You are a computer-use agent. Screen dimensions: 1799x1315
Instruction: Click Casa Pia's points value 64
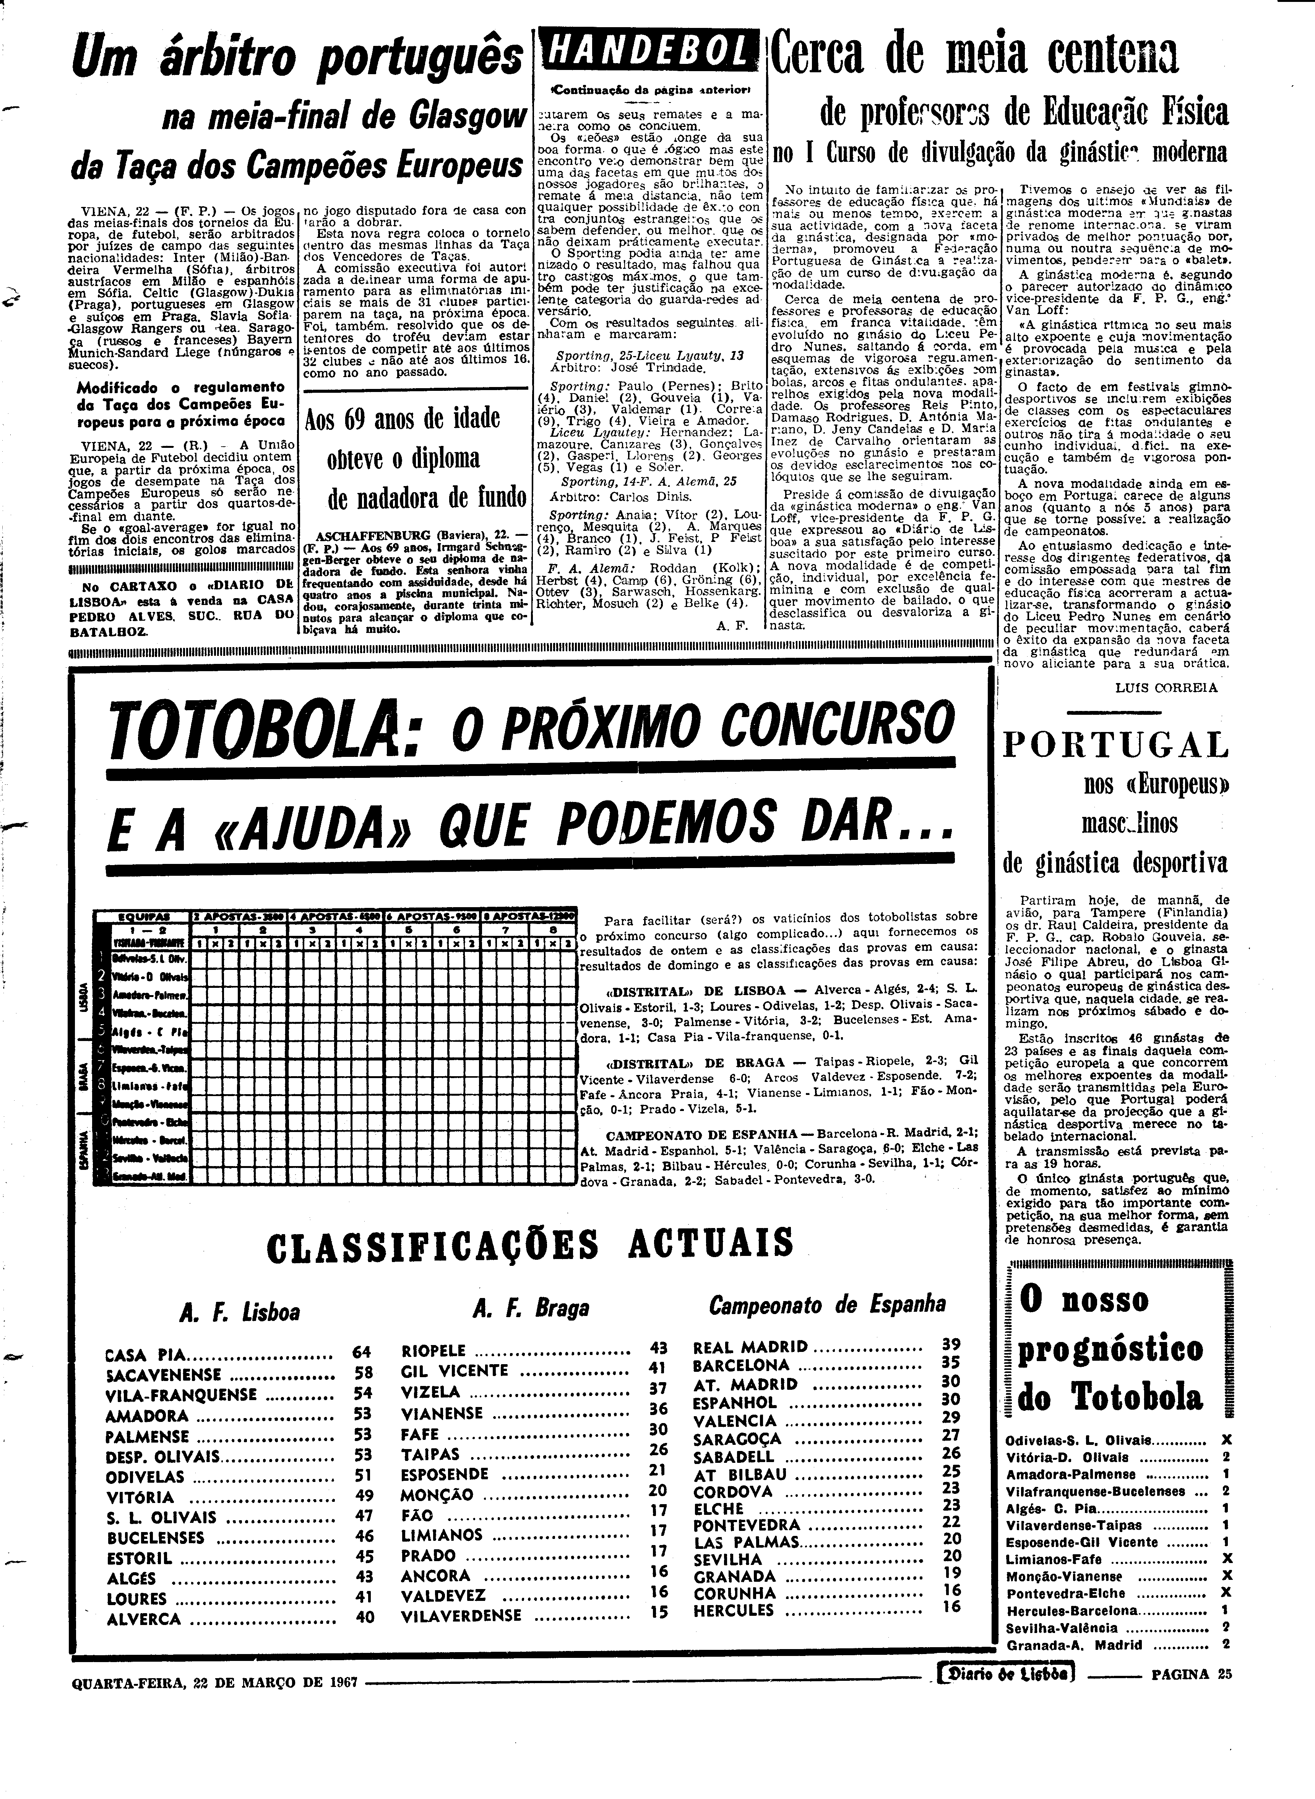pos(362,1352)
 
